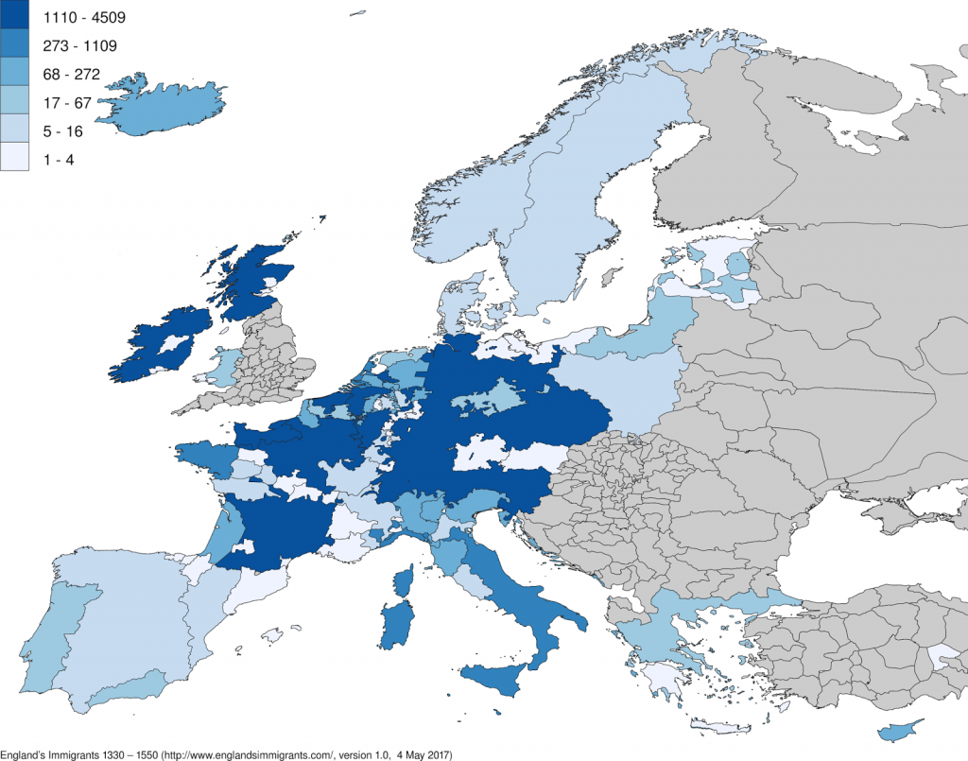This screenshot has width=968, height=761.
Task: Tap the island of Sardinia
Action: pos(396,625)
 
